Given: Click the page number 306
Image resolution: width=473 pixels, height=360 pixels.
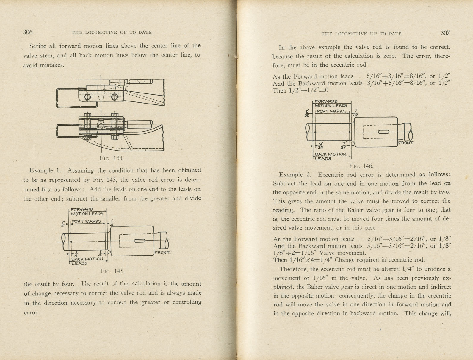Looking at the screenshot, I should pyautogui.click(x=28, y=32).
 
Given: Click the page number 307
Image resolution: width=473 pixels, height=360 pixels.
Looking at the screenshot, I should pyautogui.click(x=445, y=33).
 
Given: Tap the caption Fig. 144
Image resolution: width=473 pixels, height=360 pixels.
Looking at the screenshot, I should pyautogui.click(x=112, y=158).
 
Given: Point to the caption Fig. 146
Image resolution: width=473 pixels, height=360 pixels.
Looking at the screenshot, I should pyautogui.click(x=361, y=166).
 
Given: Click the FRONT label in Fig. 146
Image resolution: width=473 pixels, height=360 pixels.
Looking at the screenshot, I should pyautogui.click(x=405, y=143).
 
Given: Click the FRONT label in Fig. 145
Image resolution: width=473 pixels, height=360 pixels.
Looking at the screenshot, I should pyautogui.click(x=162, y=253).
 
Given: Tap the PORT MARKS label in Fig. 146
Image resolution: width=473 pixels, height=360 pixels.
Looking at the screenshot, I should pyautogui.click(x=331, y=111).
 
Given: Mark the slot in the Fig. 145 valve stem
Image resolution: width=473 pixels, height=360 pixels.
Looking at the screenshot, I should pyautogui.click(x=140, y=241).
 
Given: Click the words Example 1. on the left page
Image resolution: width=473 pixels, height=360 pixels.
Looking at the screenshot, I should pyautogui.click(x=45, y=170).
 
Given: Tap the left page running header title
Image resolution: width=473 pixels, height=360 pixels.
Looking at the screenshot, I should pyautogui.click(x=112, y=32).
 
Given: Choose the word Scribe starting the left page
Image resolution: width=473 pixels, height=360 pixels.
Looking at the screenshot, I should pyautogui.click(x=38, y=46).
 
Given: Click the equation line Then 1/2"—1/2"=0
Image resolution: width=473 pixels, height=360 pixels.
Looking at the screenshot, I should pyautogui.click(x=300, y=90).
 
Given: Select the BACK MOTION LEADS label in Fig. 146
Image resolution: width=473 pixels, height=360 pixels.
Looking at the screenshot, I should pyautogui.click(x=330, y=156).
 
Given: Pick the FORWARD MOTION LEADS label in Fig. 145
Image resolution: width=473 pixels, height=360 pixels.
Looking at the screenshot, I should pyautogui.click(x=87, y=212).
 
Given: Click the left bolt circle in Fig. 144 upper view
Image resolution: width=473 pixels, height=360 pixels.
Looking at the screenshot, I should pyautogui.click(x=87, y=97).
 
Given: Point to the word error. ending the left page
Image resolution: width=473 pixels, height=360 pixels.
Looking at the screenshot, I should pyautogui.click(x=31, y=313).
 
